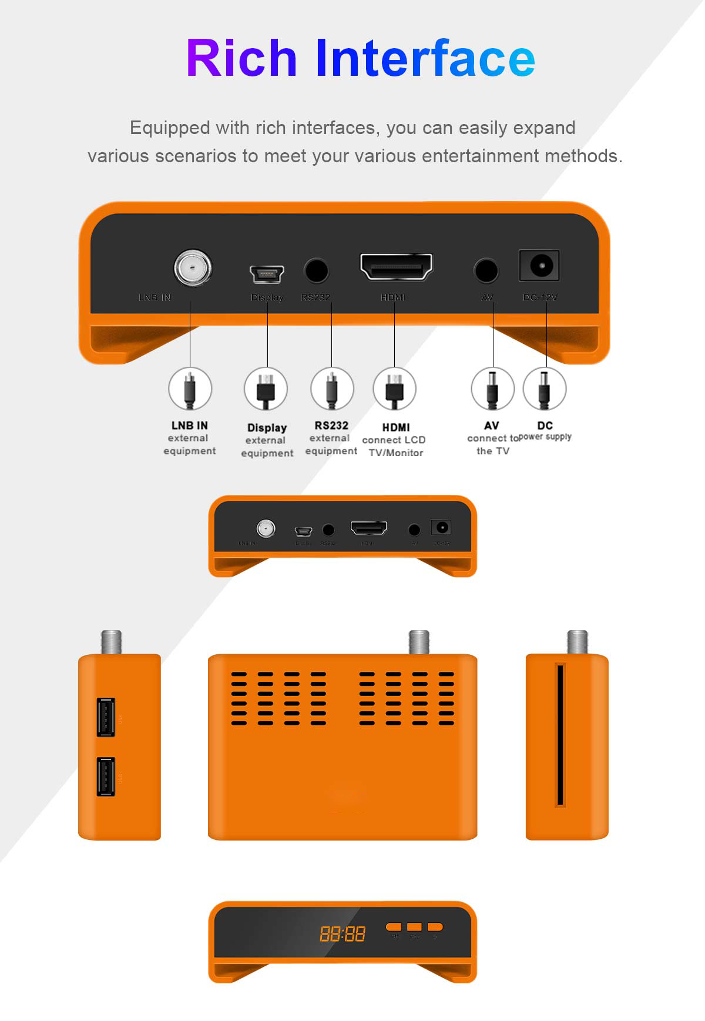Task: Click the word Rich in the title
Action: point(241,58)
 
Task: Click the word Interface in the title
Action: point(425,58)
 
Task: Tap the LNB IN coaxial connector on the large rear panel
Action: point(193,268)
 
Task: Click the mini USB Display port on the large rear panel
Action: point(267,273)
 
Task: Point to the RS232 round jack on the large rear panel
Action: point(316,271)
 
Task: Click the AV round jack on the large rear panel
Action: point(486,271)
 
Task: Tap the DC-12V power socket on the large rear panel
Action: point(539,266)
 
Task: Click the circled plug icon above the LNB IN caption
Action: point(190,389)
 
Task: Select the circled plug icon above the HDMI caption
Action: point(394,389)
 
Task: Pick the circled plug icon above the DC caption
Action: point(545,389)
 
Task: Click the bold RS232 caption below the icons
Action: point(331,425)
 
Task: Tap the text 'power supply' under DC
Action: point(545,437)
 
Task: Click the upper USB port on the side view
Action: point(106,717)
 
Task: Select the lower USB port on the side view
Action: point(106,776)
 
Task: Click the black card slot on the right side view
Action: point(560,735)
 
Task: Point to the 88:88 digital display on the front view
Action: point(343,934)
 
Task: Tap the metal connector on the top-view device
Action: point(419,642)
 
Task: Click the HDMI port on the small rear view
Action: point(368,528)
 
